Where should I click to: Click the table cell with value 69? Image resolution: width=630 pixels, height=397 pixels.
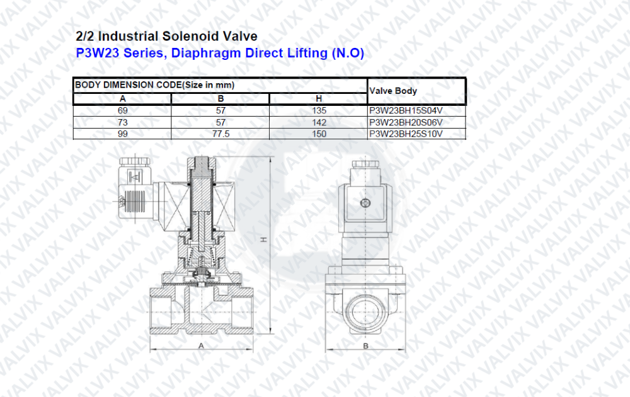click(x=123, y=110)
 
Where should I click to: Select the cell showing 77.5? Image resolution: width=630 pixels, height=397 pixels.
click(x=220, y=134)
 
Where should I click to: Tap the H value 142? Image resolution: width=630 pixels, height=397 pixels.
click(x=319, y=122)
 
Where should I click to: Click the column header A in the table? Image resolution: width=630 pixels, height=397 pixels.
click(x=123, y=99)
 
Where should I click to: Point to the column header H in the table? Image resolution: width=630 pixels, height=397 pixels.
click(x=319, y=99)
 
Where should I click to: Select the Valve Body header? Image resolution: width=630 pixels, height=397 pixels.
click(x=393, y=91)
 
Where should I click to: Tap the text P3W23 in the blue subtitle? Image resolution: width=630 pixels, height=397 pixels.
click(x=98, y=53)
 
